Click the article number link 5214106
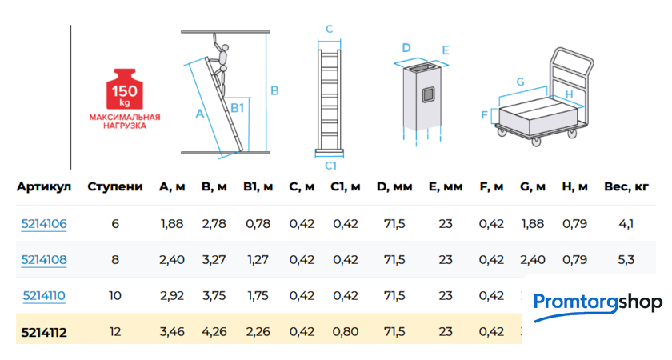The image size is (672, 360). click(x=44, y=224)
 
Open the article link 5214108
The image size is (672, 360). click(x=44, y=260)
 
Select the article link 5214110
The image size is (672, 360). click(x=44, y=296)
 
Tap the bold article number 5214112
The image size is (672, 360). click(x=44, y=332)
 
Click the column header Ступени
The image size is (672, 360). click(x=115, y=187)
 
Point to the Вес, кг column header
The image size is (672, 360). click(x=626, y=187)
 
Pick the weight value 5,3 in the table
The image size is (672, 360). click(x=626, y=260)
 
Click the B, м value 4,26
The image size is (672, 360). click(x=214, y=332)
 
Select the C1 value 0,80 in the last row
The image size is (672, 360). click(x=346, y=332)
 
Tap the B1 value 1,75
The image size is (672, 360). click(x=258, y=296)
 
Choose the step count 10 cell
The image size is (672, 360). click(x=115, y=296)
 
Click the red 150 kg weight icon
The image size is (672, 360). click(x=125, y=89)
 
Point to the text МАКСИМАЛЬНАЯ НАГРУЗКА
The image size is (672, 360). click(x=125, y=122)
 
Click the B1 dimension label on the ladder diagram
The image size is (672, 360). click(x=237, y=107)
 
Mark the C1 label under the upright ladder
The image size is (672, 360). click(x=330, y=166)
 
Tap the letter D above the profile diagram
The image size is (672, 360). click(x=406, y=48)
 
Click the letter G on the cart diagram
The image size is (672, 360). click(x=520, y=82)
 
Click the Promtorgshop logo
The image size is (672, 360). click(x=597, y=305)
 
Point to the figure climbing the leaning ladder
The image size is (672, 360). click(x=221, y=64)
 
